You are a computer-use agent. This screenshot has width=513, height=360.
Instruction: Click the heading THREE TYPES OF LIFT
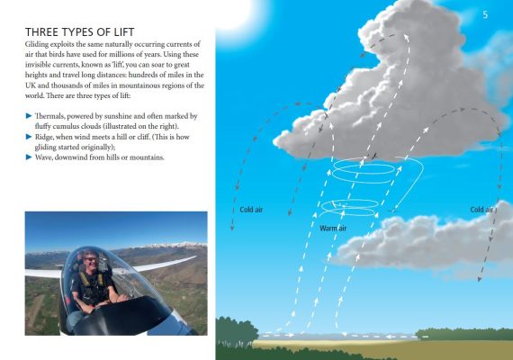point(80,32)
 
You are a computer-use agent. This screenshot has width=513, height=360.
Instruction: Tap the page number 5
point(485,14)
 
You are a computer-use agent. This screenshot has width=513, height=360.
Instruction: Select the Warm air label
point(333,228)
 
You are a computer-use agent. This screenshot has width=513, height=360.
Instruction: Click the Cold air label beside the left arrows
point(251,210)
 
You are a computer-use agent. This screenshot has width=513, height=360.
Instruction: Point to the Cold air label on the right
point(481,210)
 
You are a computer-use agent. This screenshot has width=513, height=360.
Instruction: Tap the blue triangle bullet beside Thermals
point(29,116)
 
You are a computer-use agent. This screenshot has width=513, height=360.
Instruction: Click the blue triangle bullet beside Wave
point(29,157)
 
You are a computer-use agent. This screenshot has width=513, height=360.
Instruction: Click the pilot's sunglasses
point(91,259)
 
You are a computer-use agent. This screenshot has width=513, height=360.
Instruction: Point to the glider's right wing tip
point(195,257)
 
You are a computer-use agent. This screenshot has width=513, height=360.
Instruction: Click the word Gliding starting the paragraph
point(37,44)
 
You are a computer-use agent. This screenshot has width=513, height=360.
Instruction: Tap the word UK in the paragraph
point(31,85)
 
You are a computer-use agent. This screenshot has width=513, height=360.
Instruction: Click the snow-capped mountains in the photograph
point(170,245)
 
